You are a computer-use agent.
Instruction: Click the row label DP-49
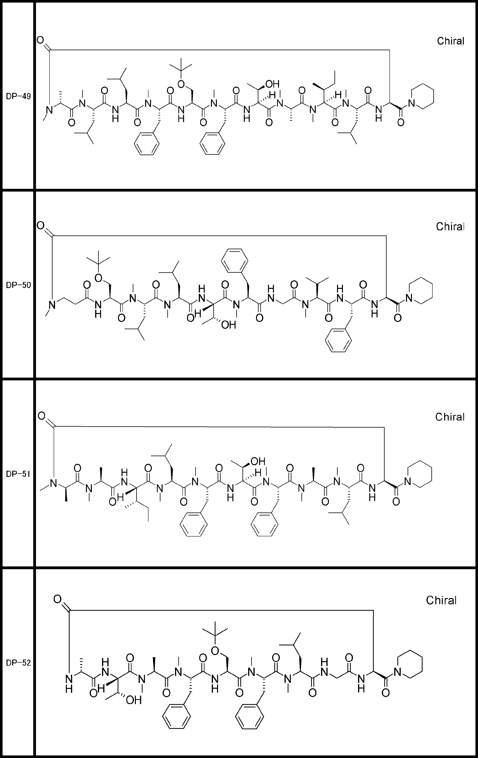[18, 96]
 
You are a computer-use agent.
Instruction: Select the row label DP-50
[18, 285]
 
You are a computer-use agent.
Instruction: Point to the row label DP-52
[18, 663]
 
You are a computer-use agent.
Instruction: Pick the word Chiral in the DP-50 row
[450, 227]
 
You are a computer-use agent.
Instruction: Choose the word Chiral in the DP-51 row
[450, 417]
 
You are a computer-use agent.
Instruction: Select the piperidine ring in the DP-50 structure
[420, 291]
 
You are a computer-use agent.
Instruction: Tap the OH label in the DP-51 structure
[258, 461]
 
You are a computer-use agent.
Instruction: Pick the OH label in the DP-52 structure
[133, 700]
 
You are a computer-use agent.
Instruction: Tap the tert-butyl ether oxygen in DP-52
[215, 650]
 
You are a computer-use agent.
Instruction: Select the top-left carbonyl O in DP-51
[41, 416]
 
